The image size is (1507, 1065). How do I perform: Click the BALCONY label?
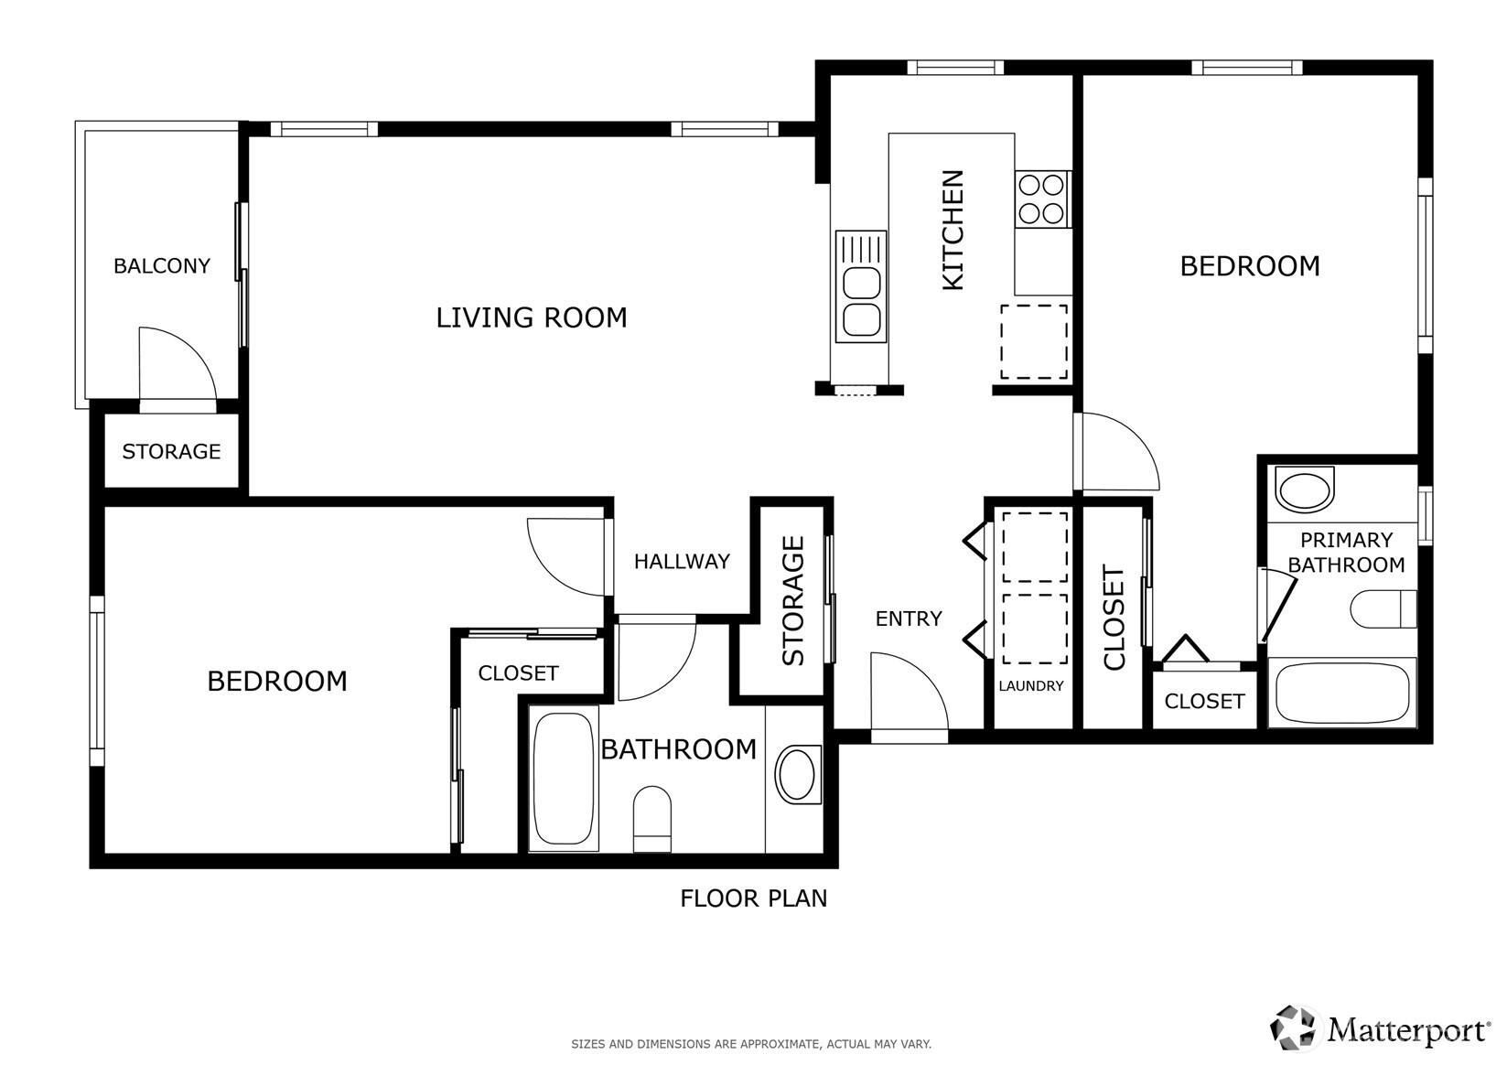[x=161, y=265]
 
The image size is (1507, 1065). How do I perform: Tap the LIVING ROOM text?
[x=532, y=317]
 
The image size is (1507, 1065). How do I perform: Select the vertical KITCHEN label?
[x=953, y=230]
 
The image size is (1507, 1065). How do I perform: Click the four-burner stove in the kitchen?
[x=1041, y=199]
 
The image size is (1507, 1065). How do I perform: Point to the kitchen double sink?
[x=861, y=286]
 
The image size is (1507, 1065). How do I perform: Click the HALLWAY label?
[x=682, y=561]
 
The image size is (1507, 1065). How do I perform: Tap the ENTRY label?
[x=909, y=619]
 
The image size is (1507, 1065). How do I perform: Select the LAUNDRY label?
[x=1030, y=685]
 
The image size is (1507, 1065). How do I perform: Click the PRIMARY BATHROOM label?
[x=1346, y=553]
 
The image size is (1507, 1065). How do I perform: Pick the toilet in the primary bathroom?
[x=1383, y=608]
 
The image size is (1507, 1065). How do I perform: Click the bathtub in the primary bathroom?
[x=1342, y=693]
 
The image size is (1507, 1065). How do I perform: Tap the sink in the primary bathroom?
[x=1305, y=489]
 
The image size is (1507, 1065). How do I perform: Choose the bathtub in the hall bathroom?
[x=564, y=779]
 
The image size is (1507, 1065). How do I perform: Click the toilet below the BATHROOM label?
[x=651, y=819]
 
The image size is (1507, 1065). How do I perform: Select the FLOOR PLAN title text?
[x=754, y=898]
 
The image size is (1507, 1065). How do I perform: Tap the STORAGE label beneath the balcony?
[x=171, y=451]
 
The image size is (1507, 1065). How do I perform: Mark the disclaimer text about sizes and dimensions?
[x=751, y=1044]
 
